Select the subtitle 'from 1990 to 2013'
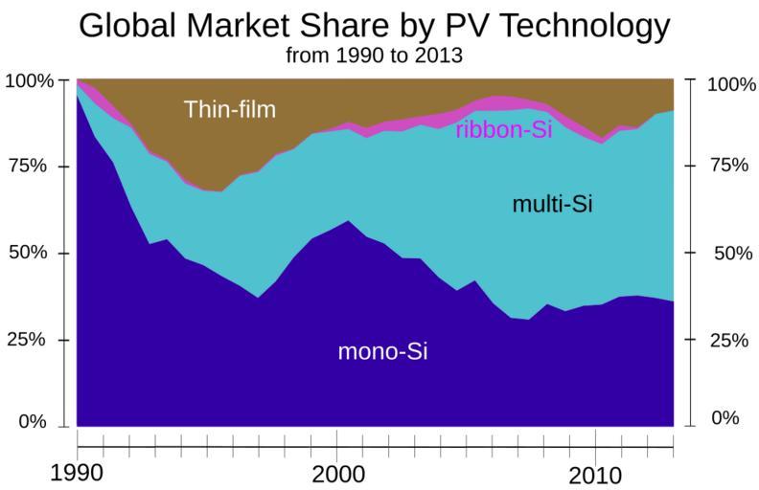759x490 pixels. pos(375,56)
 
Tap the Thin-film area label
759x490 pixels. pos(229,109)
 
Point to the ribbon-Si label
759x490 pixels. pos(503,130)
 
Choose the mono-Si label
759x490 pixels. pos(382,351)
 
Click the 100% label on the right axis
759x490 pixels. pos(731,84)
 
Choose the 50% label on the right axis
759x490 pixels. pos(725,254)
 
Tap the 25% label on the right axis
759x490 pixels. pos(725,340)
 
